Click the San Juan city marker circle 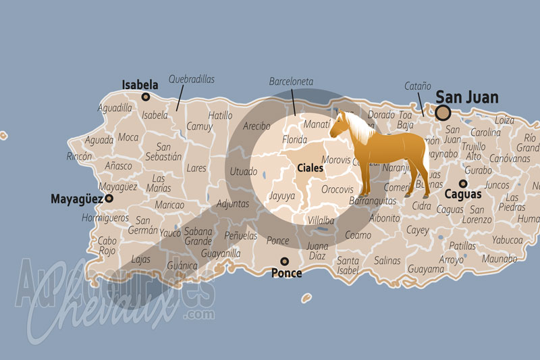click(x=443, y=113)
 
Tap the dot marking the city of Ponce click(x=285, y=261)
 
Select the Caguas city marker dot click(x=463, y=183)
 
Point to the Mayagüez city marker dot click(x=109, y=199)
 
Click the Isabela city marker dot click(x=145, y=97)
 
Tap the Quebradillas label click(x=192, y=80)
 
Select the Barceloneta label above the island click(x=291, y=81)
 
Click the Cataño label click(x=418, y=86)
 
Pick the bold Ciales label click(x=310, y=167)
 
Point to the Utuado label click(x=243, y=172)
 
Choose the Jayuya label click(x=281, y=197)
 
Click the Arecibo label click(x=256, y=126)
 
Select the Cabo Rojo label click(x=107, y=246)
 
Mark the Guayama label click(x=425, y=269)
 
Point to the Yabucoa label click(x=507, y=240)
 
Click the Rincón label click(x=79, y=157)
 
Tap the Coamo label click(x=358, y=235)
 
